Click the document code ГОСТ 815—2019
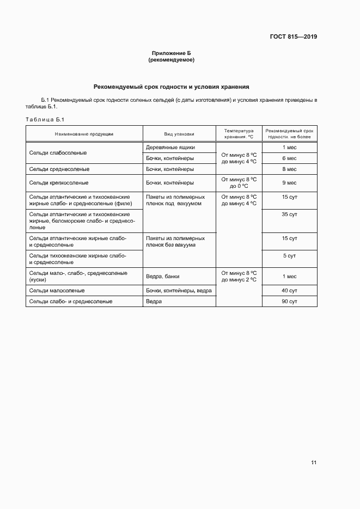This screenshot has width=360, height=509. pos(294,37)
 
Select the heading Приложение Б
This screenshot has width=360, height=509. pos(171,53)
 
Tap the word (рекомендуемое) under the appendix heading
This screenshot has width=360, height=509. pos(171,60)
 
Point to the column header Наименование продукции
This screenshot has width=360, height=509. pos(84,133)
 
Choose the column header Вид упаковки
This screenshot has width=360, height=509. pos(179,133)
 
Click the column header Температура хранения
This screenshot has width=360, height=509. pos(239,133)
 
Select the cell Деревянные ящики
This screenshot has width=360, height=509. pos(170,148)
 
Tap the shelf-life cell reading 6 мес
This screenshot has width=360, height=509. pos(289,158)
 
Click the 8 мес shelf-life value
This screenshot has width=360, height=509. pos(289,169)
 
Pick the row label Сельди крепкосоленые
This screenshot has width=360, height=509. pos(59,183)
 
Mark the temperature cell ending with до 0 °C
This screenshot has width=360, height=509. pos(239,183)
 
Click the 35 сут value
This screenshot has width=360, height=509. pos(289,215)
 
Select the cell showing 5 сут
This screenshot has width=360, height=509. pos(289,255)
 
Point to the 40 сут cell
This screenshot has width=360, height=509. pos(289,291)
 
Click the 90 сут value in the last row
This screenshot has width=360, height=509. pos(289,302)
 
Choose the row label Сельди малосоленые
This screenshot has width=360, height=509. pos(57,291)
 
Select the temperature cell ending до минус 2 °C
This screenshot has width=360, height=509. pos(239,277)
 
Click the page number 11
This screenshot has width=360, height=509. pos(314,463)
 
